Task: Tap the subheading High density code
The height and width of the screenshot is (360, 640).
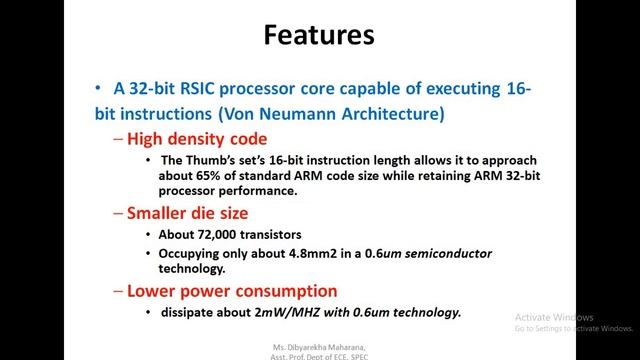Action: pyautogui.click(x=197, y=139)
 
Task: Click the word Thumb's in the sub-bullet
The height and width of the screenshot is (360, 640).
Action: pyautogui.click(x=210, y=162)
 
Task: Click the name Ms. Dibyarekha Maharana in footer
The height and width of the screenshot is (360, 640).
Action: pyautogui.click(x=319, y=346)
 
